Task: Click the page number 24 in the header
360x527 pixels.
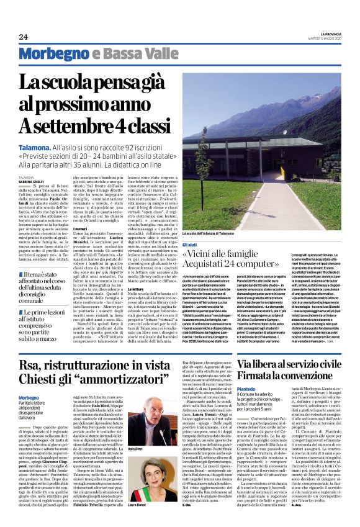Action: pos(23,37)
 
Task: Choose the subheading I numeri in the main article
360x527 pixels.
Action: pos(80,228)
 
